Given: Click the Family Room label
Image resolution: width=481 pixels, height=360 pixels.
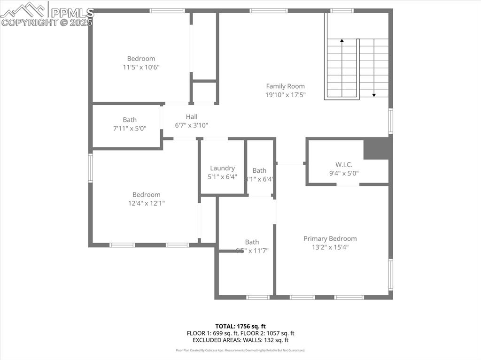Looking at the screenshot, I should point(285,86).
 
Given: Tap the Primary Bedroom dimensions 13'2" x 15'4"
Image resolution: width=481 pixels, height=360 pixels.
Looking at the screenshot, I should point(330,247).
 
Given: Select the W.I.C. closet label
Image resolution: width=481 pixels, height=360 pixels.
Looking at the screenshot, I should point(344,164).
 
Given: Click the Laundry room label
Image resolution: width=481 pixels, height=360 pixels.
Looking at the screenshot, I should point(222,168).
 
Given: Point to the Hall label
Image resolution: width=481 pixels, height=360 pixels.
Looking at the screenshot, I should point(191,116).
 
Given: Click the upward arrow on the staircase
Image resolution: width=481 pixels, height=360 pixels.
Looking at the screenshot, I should point(342,41).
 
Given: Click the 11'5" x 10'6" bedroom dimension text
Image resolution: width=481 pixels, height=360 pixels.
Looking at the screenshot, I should point(141,67).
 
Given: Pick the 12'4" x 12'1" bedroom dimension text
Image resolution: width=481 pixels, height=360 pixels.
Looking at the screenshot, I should point(146,203).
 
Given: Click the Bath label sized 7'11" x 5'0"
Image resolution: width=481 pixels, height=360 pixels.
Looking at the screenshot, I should point(130,120).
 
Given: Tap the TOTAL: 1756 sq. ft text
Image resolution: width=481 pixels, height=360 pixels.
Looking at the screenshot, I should point(240,326).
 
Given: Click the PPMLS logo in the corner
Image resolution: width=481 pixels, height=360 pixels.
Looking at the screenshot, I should point(47,14).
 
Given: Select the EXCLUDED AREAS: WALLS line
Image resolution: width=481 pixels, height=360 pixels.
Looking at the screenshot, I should point(240,340).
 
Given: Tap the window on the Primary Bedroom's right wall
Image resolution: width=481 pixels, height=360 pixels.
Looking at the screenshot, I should point(390,274).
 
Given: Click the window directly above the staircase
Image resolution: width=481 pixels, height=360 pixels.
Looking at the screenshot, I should point(341,11).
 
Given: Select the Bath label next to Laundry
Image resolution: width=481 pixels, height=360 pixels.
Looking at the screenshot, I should point(259,170).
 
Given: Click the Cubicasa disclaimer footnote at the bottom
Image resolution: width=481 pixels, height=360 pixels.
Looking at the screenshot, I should point(240,350).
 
